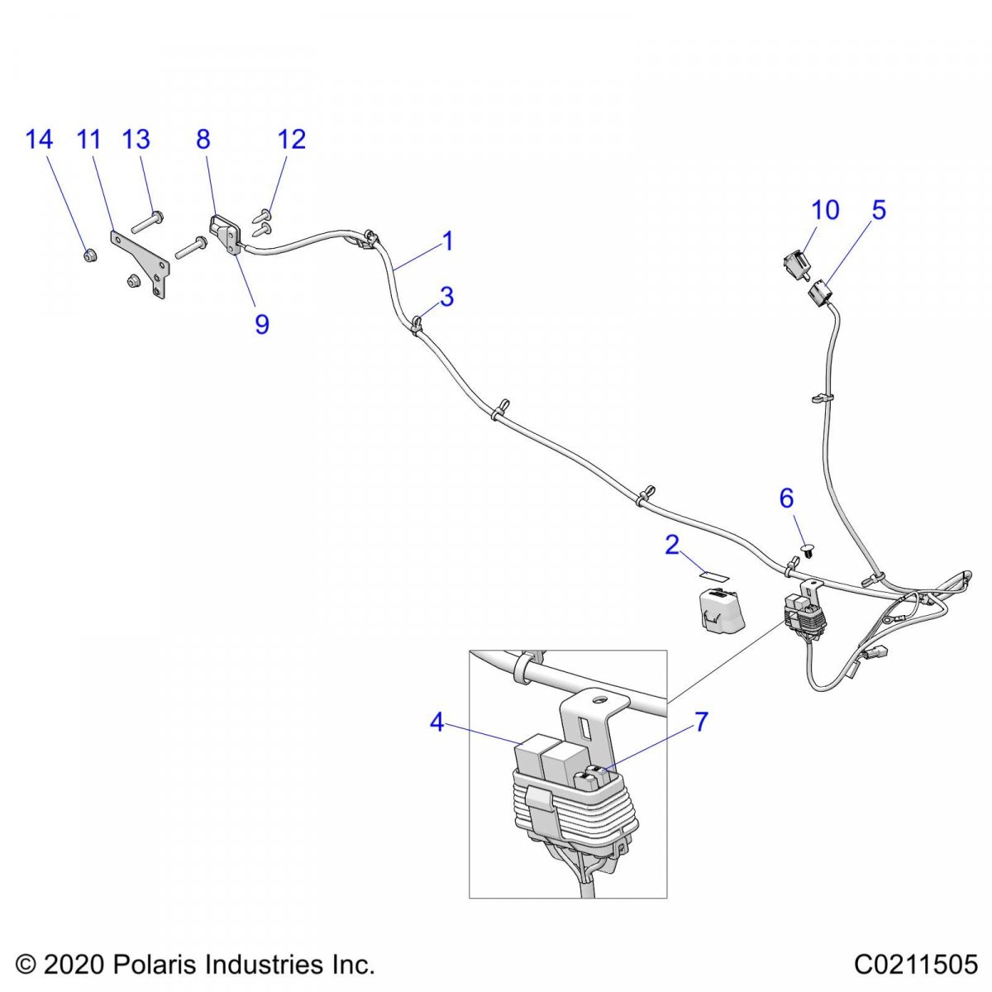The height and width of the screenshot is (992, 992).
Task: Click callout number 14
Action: pos(39,139)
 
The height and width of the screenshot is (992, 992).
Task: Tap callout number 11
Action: pos(88,139)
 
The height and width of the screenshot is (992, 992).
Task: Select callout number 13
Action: pos(136,139)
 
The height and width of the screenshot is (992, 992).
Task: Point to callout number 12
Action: pos(291,139)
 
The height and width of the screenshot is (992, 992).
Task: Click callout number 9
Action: pos(261,323)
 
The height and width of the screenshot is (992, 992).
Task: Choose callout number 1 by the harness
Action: pos(448,241)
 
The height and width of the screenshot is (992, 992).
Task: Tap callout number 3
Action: pos(446,297)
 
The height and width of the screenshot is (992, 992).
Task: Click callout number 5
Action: pos(879,209)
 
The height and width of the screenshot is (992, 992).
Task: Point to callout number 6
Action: pos(787,498)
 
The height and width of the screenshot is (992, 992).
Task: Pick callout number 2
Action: pos(672,545)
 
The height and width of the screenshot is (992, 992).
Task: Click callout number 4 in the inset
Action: pos(436,723)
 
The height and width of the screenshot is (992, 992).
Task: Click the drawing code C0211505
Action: pos(916,964)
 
